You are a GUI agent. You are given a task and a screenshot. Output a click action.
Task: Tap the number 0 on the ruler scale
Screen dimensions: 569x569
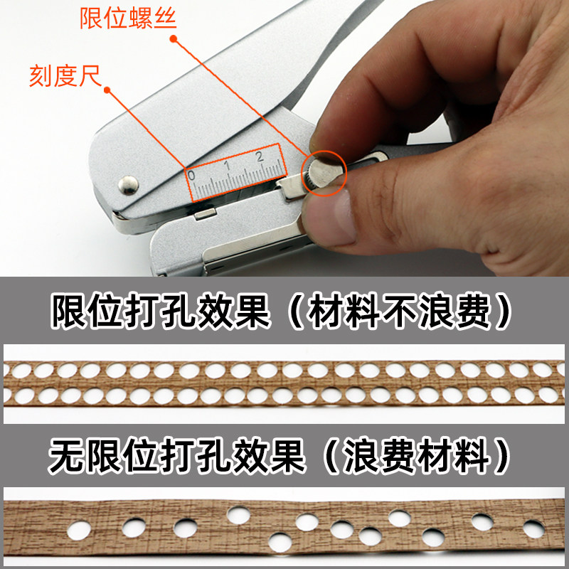tap(191, 174)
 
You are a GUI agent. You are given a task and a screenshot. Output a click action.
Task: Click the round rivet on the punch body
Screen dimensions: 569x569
tap(128, 185)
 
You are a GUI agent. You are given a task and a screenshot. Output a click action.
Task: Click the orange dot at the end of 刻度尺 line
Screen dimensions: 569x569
tap(108, 90)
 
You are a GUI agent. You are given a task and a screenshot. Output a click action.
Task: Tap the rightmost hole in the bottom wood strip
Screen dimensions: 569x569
tap(533, 528)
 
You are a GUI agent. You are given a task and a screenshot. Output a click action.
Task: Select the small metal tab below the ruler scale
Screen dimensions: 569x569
tap(205, 211)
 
